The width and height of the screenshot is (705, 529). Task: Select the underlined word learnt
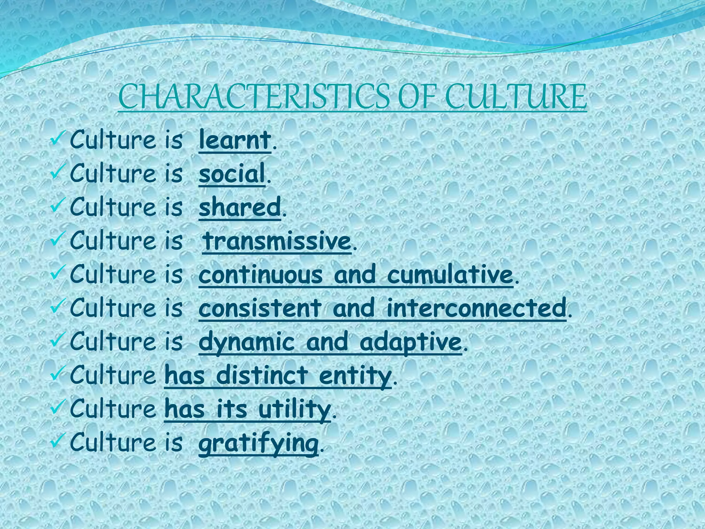tap(235, 140)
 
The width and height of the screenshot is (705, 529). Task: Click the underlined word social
tap(232, 173)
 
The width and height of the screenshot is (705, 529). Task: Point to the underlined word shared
tap(240, 207)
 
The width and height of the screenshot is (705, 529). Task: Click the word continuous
tap(261, 274)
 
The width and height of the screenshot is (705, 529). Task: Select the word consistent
tap(260, 308)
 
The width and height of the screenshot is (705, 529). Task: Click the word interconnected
tap(476, 308)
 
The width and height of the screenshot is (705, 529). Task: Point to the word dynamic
tap(246, 342)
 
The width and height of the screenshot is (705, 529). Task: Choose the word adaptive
tap(410, 342)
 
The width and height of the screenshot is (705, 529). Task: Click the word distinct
tap(262, 375)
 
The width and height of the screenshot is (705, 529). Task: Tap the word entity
tap(355, 375)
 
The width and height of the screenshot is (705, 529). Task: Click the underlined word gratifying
tap(258, 443)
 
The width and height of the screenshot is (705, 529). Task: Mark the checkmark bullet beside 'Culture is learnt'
tap(56, 139)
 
